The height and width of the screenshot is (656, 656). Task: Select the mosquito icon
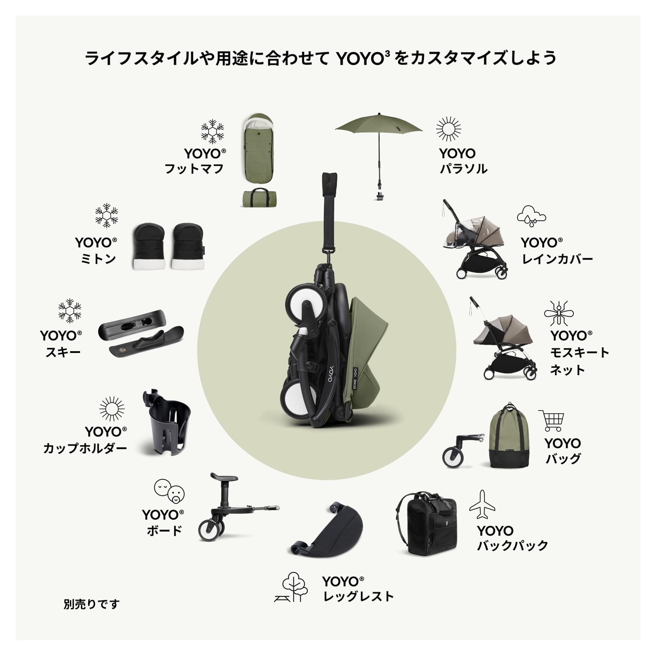(x=559, y=313)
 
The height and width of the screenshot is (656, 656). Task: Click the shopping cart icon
(x=551, y=420)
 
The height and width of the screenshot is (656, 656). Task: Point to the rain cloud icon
(x=531, y=215)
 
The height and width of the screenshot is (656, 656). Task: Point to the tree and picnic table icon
(x=291, y=587)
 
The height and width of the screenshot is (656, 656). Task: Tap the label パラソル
(x=463, y=169)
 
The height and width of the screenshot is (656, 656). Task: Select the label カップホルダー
(x=85, y=448)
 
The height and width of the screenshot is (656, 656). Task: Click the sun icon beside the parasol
(x=449, y=129)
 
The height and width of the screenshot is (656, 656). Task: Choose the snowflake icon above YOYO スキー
(x=70, y=311)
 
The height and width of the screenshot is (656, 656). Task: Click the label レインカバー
(x=557, y=259)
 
